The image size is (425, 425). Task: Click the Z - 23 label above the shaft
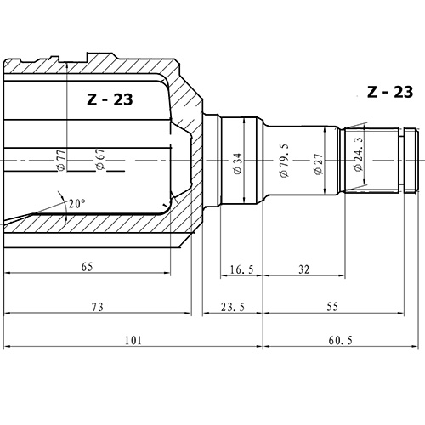[390, 93]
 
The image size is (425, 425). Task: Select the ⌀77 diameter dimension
[62, 160]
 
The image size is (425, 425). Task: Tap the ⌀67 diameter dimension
[99, 160]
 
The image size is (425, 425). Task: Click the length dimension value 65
[87, 266]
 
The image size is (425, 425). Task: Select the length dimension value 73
[98, 306]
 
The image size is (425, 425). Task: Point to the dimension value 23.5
[232, 306]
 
